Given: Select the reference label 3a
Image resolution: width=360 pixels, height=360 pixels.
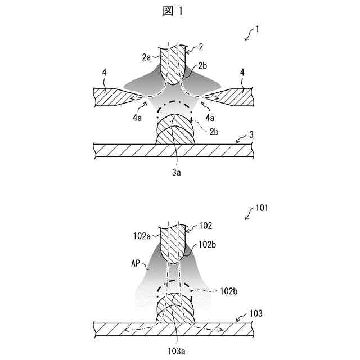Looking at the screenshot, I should (176, 173).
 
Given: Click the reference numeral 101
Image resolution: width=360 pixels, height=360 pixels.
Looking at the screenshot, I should (262, 207).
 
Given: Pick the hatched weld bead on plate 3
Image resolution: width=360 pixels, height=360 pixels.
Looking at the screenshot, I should (175, 131).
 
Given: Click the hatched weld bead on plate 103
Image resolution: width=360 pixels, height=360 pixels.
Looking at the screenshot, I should (175, 309).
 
